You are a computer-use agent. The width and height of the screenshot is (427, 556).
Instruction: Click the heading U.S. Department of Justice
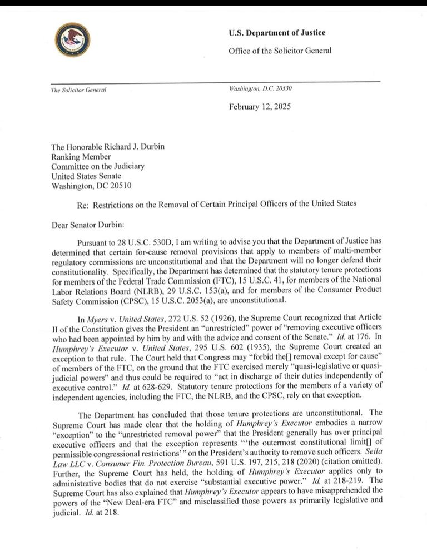[x=277, y=33]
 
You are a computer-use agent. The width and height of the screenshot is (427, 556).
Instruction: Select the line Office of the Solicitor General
[x=280, y=51]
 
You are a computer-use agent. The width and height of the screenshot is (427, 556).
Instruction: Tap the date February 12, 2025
[x=260, y=107]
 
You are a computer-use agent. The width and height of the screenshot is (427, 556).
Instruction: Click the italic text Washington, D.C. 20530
[x=260, y=89]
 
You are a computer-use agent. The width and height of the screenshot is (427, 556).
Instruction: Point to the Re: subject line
[x=217, y=204]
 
